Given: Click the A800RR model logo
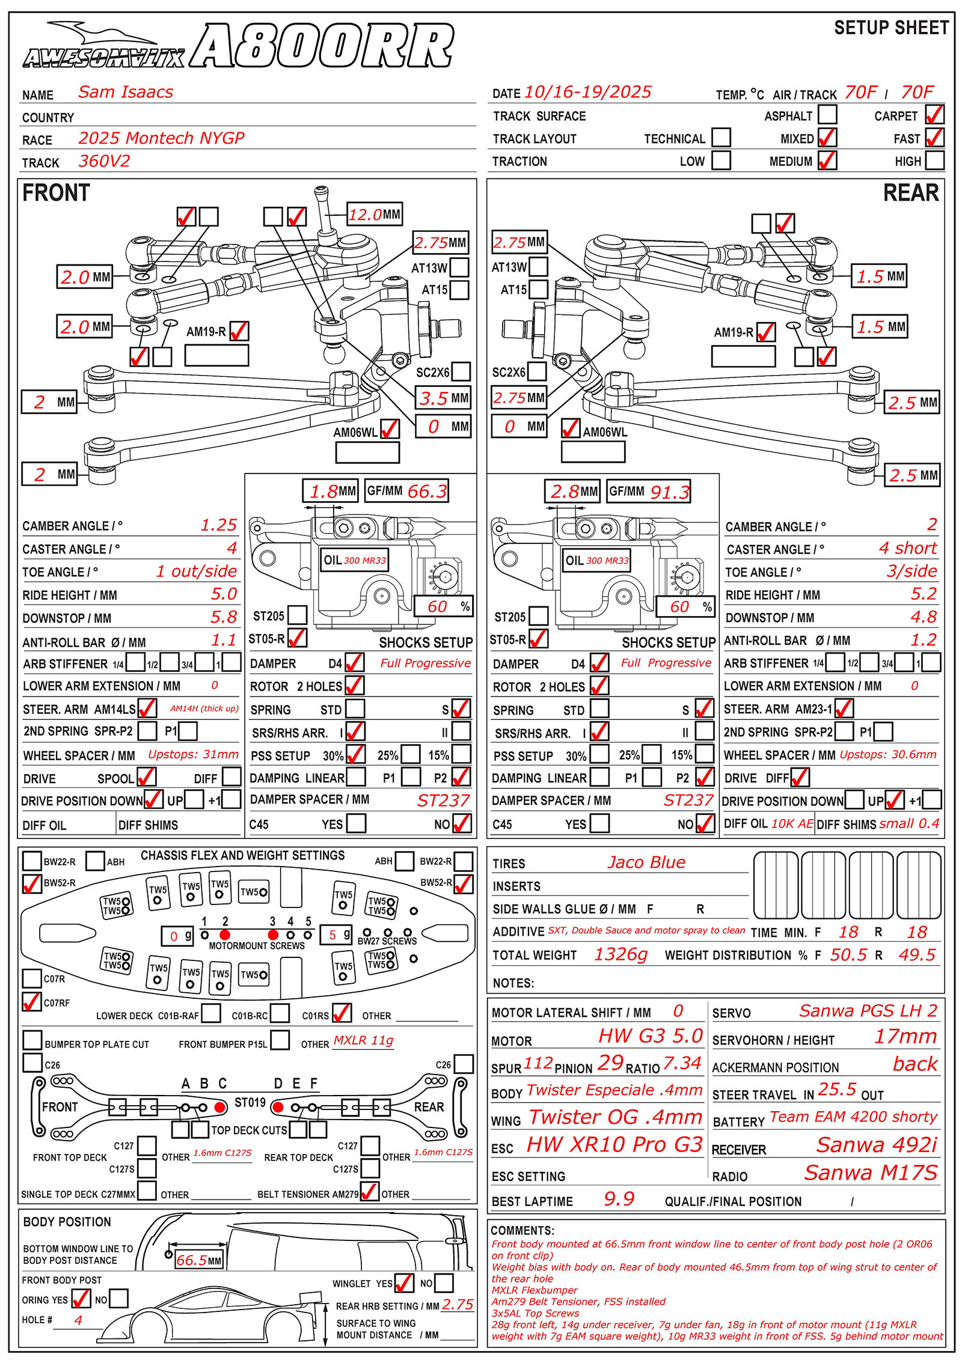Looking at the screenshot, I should (x=322, y=46).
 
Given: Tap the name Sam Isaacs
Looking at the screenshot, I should (x=126, y=92).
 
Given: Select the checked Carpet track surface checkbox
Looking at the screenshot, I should (x=934, y=114).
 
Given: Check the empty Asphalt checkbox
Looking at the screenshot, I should (x=827, y=114).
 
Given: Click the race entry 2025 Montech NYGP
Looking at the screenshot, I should (x=161, y=138).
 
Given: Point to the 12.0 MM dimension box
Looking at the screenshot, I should (x=375, y=215).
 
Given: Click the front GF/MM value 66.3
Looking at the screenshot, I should (x=427, y=491).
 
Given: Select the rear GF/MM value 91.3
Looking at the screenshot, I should (x=669, y=492).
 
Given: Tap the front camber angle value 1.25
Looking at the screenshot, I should (x=218, y=525).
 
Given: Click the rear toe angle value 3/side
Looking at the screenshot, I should (x=911, y=570).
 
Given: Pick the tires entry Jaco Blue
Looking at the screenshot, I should (x=646, y=862).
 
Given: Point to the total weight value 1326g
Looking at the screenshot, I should (x=620, y=954).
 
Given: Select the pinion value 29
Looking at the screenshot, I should (x=610, y=1063).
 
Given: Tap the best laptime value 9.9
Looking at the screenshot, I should (x=619, y=1199).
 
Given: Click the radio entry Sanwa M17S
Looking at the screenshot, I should (x=871, y=1172).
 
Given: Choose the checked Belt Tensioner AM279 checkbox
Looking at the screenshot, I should (x=369, y=1191).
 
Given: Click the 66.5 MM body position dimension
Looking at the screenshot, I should (x=198, y=1260).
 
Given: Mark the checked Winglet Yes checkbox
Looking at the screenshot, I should (x=404, y=1283).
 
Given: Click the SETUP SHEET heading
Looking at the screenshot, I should (x=891, y=28).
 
